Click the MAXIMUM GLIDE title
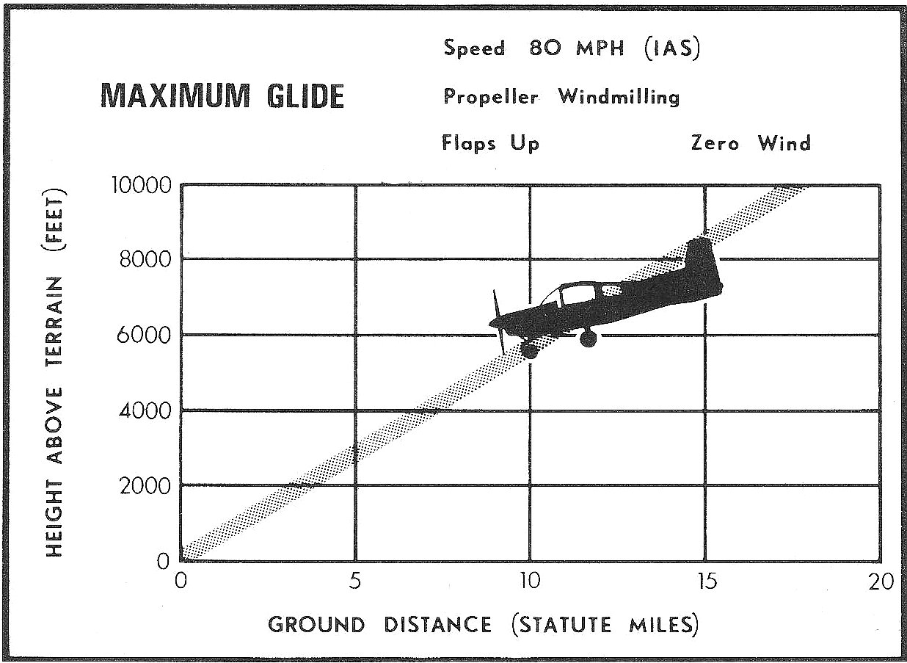221,96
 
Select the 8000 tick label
145,259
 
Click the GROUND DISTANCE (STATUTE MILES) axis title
483,625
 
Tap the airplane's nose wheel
529,350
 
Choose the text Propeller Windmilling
561,97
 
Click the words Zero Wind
751,143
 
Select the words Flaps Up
490,144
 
